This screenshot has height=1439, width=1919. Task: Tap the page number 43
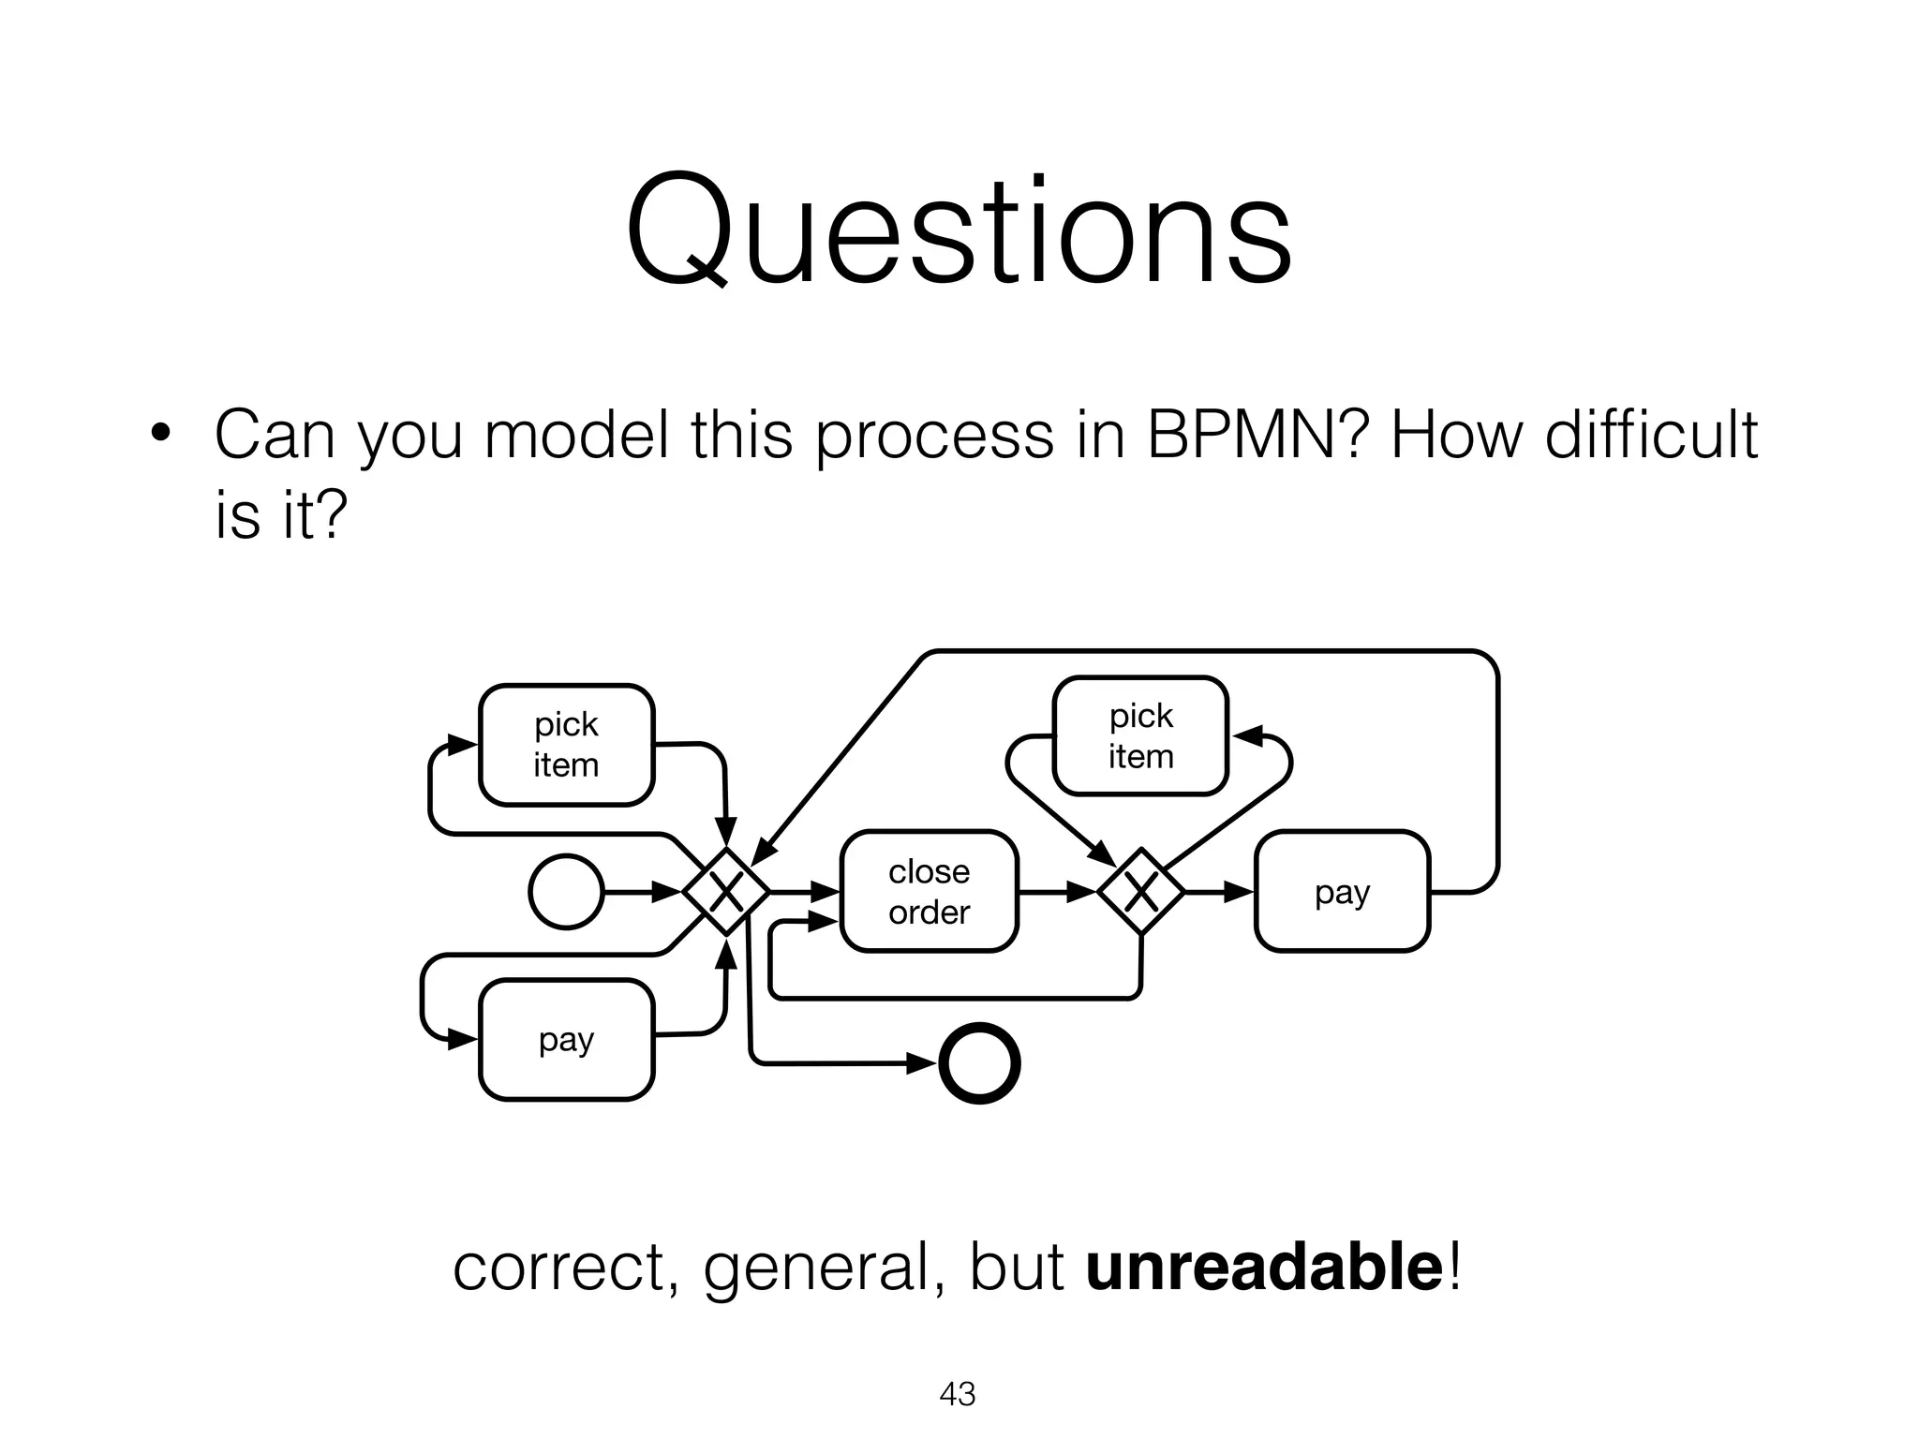958,1394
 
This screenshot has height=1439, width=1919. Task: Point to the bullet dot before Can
161,434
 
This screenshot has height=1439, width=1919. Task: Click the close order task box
929,891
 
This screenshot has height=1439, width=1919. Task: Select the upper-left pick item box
566,745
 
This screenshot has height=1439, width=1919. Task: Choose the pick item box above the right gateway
1140,736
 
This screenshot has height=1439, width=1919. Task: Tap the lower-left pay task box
566,1039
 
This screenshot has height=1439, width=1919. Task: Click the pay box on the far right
1342,891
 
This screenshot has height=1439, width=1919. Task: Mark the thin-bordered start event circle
566,892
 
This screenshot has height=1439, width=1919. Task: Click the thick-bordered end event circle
979,1063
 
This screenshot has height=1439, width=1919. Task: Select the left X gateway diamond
726,891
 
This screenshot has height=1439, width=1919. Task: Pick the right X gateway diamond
1140,891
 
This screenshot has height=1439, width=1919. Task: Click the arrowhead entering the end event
922,1063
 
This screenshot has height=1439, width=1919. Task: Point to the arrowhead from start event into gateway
667,892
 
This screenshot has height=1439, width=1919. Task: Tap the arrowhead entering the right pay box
1239,891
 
